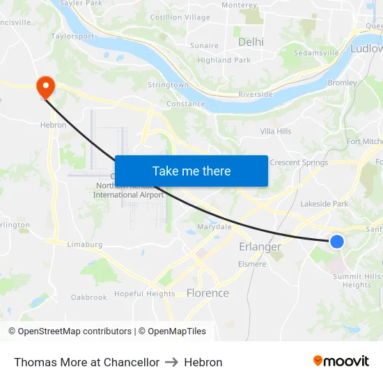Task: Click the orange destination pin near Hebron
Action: click(x=45, y=86)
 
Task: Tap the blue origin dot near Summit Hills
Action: click(x=336, y=241)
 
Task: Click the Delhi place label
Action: click(x=251, y=42)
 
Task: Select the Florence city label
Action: click(x=208, y=293)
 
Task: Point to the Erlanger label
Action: click(x=260, y=247)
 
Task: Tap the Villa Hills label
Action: click(x=276, y=131)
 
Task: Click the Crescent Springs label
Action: click(x=299, y=163)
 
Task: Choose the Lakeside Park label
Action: click(x=324, y=204)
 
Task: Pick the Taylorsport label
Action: click(x=72, y=36)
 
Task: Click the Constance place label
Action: click(x=185, y=104)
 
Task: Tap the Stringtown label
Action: click(x=168, y=85)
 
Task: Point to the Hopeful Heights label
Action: click(x=144, y=294)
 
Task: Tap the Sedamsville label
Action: click(x=316, y=52)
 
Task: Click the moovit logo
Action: click(x=341, y=361)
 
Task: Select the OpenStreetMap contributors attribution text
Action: click(x=70, y=331)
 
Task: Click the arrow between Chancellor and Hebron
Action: click(x=171, y=362)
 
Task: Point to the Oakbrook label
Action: click(x=89, y=297)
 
